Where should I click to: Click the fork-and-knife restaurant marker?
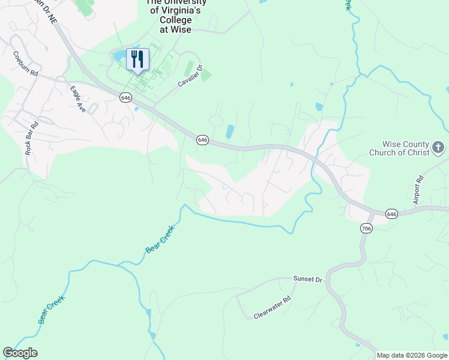[137, 59]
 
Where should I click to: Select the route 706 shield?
[367, 228]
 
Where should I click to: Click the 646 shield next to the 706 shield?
[391, 214]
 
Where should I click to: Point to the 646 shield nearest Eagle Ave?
[125, 97]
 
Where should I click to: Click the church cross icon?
[439, 147]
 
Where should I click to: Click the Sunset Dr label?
[308, 279]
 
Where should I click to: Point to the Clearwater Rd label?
[272, 307]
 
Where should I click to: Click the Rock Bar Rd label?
[31, 139]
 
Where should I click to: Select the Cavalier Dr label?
[191, 77]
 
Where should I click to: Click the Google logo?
[20, 353]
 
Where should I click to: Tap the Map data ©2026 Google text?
[412, 355]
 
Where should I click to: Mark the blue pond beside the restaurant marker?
[119, 56]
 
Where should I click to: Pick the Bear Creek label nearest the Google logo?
[52, 310]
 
